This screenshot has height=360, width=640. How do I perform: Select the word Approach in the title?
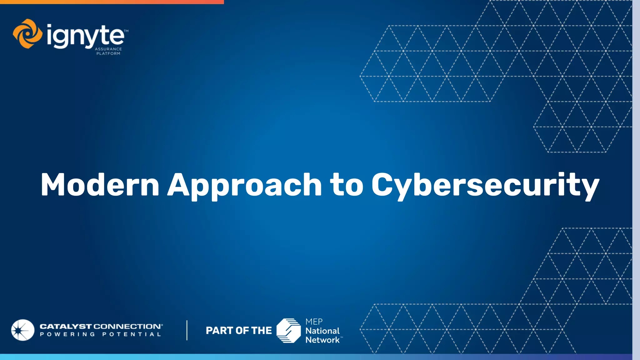click(244, 185)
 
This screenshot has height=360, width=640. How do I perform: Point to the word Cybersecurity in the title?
click(485, 185)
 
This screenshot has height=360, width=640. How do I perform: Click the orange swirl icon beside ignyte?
click(27, 34)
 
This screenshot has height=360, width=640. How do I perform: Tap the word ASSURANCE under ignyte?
click(108, 49)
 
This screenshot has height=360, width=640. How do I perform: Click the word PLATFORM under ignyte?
click(108, 53)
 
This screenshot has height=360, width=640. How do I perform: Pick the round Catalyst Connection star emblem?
click(23, 330)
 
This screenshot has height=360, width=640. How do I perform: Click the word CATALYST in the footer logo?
click(66, 326)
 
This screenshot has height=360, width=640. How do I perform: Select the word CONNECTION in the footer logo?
click(127, 326)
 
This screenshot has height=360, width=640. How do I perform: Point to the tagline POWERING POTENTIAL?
click(100, 334)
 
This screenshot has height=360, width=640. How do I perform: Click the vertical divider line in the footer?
click(187, 330)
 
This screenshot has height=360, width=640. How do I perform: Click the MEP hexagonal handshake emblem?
click(289, 330)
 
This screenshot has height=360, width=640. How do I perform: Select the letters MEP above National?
click(314, 322)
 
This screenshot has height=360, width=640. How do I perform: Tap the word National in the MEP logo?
click(322, 331)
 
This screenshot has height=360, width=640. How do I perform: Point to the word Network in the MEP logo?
click(322, 340)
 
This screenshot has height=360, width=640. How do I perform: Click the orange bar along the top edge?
click(112, 2)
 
